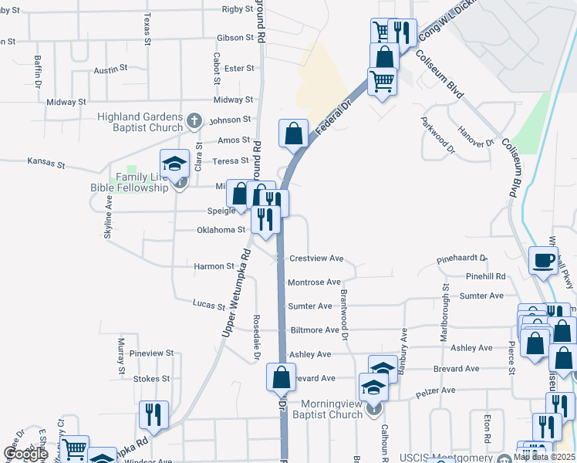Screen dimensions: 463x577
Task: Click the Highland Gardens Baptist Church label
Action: click(x=140, y=122)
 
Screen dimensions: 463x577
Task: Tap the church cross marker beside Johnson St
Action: click(x=194, y=121)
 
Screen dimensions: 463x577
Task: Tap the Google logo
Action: click(x=25, y=454)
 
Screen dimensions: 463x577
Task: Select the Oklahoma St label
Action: click(x=221, y=230)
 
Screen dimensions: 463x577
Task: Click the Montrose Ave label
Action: click(x=313, y=282)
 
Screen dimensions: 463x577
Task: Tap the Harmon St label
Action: click(x=214, y=266)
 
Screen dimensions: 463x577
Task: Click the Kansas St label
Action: click(x=46, y=163)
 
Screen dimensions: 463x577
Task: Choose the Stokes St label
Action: click(x=151, y=379)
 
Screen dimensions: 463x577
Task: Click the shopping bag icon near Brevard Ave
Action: click(x=281, y=377)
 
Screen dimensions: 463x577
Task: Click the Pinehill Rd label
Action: click(x=484, y=276)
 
